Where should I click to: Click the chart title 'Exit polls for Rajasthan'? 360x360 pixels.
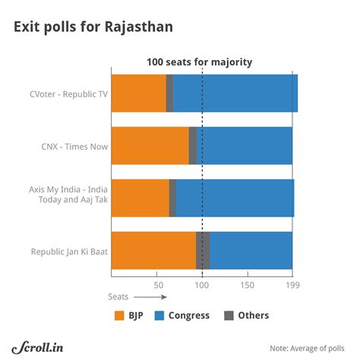click(x=93, y=28)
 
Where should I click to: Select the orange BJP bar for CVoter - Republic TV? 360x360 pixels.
click(x=138, y=93)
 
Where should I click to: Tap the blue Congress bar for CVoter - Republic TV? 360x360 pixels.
click(x=235, y=93)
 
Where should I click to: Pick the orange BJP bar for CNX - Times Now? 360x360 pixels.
click(x=150, y=146)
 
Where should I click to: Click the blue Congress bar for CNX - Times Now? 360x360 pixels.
click(x=245, y=146)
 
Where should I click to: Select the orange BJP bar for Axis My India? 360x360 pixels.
click(x=140, y=197)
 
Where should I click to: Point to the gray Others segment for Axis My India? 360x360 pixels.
click(x=172, y=197)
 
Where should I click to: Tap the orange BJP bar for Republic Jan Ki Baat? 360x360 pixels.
click(x=153, y=250)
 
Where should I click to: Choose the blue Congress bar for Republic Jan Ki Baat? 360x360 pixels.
click(x=251, y=250)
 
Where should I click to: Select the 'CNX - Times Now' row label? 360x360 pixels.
click(x=73, y=147)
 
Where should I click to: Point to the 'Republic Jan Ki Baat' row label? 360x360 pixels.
click(x=65, y=251)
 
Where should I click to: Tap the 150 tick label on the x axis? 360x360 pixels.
click(x=247, y=285)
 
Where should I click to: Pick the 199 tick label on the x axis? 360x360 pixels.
click(x=292, y=285)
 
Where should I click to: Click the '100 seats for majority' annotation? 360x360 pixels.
click(x=200, y=62)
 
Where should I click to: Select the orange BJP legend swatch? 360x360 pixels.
click(x=118, y=315)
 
